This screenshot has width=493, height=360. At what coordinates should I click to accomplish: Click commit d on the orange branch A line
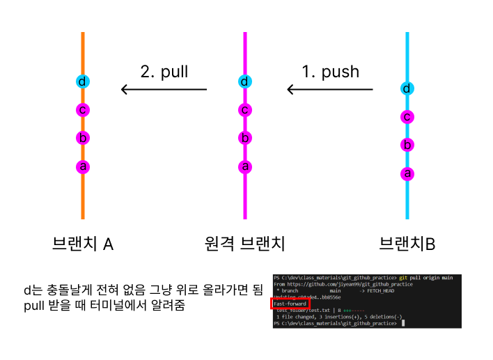pyautogui.click(x=82, y=81)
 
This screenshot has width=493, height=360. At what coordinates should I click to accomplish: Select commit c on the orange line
pyautogui.click(x=82, y=109)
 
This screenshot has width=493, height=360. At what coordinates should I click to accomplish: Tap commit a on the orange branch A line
pyautogui.click(x=82, y=166)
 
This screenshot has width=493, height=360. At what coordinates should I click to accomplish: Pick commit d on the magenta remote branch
pyautogui.click(x=244, y=81)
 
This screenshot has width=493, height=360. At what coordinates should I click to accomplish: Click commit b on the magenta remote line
pyautogui.click(x=244, y=138)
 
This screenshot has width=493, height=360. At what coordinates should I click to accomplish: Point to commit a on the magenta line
pyautogui.click(x=244, y=166)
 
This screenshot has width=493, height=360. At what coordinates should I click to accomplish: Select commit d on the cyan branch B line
pyautogui.click(x=407, y=88)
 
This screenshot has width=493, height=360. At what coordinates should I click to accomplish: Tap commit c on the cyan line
pyautogui.click(x=407, y=117)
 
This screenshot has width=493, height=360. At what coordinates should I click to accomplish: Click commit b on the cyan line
pyautogui.click(x=407, y=145)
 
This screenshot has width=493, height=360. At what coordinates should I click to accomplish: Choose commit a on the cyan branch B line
pyautogui.click(x=407, y=173)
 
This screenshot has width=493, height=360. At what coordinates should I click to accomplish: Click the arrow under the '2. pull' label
pyautogui.click(x=164, y=89)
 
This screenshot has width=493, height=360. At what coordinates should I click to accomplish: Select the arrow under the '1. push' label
pyautogui.click(x=330, y=89)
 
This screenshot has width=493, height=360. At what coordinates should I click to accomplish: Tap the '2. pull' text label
pyautogui.click(x=164, y=71)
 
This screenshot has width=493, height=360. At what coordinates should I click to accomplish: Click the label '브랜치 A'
pyautogui.click(x=83, y=244)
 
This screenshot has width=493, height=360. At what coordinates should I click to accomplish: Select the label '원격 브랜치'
pyautogui.click(x=245, y=244)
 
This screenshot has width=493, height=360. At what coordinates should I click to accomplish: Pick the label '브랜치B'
pyautogui.click(x=407, y=244)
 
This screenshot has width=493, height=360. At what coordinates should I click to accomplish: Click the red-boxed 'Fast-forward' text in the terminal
pyautogui.click(x=290, y=304)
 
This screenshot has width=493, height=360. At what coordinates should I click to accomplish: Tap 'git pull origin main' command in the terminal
pyautogui.click(x=428, y=277)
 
